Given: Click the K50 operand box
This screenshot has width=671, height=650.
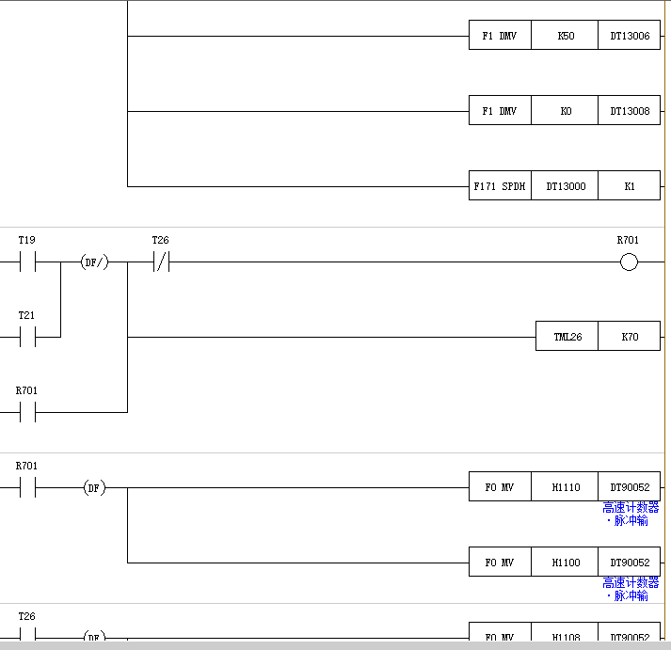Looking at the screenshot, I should click(565, 36).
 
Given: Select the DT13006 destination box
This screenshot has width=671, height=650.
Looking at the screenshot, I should click(629, 36).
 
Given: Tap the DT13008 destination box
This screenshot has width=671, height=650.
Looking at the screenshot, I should click(629, 111).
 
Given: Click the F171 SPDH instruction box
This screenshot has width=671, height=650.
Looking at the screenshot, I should click(500, 186).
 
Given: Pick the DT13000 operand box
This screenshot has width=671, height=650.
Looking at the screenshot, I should click(565, 186).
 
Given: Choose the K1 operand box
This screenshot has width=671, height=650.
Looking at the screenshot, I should click(629, 186).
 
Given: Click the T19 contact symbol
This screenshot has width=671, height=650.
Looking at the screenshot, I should click(27, 262).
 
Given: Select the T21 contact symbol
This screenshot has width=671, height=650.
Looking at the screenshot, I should click(27, 337).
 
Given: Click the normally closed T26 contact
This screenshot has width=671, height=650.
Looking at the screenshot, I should click(160, 262).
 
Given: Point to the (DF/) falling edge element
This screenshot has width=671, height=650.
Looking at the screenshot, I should click(94, 262).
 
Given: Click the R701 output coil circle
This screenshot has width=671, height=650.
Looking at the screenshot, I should click(629, 262).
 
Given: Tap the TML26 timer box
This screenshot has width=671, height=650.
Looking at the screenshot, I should click(567, 337).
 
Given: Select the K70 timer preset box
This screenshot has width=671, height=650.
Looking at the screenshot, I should click(629, 337).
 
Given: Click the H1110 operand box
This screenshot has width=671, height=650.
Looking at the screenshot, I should click(565, 487).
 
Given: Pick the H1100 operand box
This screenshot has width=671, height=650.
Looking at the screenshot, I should click(565, 563).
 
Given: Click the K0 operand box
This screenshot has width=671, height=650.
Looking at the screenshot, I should click(565, 111).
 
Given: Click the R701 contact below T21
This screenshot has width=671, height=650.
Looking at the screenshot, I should click(27, 412).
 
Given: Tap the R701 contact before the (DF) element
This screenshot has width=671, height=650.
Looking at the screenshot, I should click(27, 487).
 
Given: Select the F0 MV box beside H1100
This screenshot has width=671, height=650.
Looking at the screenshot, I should click(500, 563).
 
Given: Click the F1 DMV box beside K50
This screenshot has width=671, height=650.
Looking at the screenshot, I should click(500, 36).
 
